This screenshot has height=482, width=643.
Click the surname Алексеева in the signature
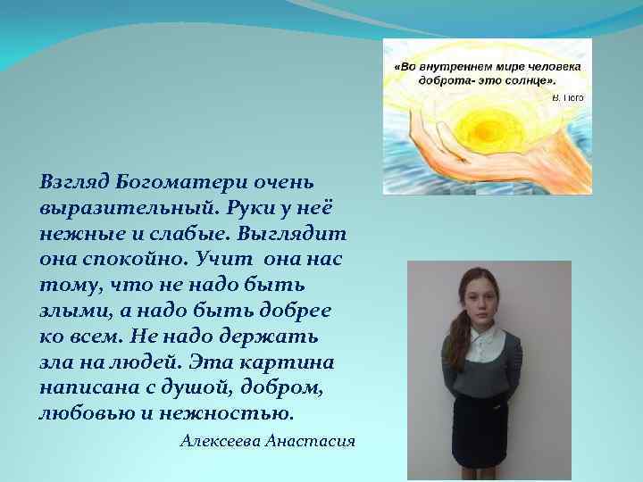click(220, 442)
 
